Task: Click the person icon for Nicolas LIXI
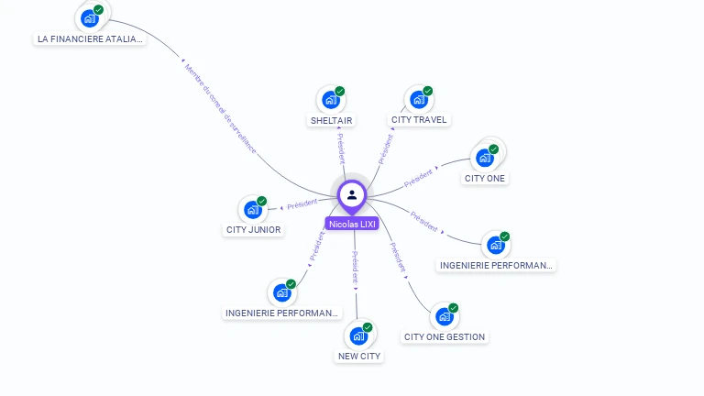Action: pos(352,194)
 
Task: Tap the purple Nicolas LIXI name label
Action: pos(352,224)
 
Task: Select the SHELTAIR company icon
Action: pos(328,100)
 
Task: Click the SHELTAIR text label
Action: pos(331,120)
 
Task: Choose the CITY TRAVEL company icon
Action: pos(417,99)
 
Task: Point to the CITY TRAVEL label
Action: pos(419,119)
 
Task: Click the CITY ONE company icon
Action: pos(484,158)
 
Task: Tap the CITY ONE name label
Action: pos(484,178)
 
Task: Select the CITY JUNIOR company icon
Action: pos(251,210)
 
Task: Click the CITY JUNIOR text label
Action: pos(253,230)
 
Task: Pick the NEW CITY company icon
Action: pos(357,335)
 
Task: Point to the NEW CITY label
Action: pos(358,356)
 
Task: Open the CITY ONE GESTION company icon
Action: pos(444,316)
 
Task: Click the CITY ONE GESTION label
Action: pos(445,336)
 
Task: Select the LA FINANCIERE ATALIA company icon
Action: pos(89,18)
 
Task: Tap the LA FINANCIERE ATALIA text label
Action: pos(89,38)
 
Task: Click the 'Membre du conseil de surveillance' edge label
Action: pos(220,107)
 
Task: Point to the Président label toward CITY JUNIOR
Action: pos(302,204)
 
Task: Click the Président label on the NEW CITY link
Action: pos(356,267)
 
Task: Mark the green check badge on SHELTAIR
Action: pos(339,92)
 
